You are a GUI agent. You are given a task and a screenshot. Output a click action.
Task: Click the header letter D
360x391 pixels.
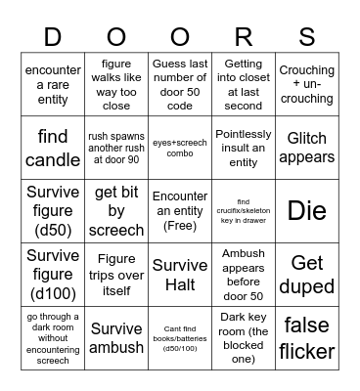[x=53, y=36]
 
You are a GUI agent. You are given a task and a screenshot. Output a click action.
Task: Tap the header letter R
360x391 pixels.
[x=244, y=36]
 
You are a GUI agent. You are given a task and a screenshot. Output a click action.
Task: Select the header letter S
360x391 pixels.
[x=307, y=36]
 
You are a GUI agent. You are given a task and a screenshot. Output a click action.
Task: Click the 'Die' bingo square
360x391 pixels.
[x=307, y=210]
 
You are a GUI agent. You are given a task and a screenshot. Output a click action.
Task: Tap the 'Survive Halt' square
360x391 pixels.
[x=180, y=274]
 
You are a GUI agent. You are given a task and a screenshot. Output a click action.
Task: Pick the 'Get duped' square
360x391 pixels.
[x=307, y=274]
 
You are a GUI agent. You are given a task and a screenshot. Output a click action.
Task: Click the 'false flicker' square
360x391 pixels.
[x=307, y=337]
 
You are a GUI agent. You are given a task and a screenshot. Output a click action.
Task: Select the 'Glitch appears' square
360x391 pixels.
[x=307, y=147]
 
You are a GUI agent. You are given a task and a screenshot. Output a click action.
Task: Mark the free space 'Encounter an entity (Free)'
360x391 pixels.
[x=180, y=210]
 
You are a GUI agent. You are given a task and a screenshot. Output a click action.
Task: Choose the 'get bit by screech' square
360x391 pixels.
[x=116, y=210]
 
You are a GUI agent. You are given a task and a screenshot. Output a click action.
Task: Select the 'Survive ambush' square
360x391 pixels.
[x=116, y=337]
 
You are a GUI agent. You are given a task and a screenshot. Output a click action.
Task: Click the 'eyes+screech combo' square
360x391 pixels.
[x=180, y=147]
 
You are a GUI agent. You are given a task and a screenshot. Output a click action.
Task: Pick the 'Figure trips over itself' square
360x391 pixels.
[x=116, y=274]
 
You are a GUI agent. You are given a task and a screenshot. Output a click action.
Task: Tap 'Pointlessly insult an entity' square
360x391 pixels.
[x=244, y=147]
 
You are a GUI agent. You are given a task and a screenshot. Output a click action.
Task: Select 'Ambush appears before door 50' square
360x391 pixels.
[x=244, y=274]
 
